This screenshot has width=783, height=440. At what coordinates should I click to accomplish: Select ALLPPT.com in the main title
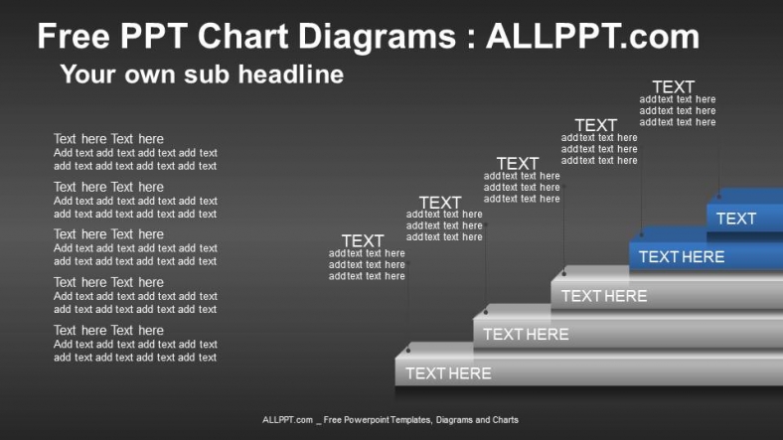pos(592,38)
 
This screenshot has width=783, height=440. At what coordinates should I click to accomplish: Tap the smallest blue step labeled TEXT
pos(736,219)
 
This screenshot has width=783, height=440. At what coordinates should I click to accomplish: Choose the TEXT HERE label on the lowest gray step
pos(448,373)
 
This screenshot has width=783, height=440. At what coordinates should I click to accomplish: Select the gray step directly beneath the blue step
pos(604,296)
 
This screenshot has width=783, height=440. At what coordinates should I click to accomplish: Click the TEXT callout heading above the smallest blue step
pos(673,87)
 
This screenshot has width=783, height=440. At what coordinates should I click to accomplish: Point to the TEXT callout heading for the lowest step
pos(363,240)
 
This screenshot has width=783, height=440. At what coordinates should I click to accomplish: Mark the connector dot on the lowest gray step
pos(408,351)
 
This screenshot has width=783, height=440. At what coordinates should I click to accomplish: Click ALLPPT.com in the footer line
pos(287,420)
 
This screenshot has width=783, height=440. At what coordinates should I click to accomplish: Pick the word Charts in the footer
pos(503,420)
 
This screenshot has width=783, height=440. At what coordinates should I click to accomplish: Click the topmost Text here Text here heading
pos(108,139)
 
